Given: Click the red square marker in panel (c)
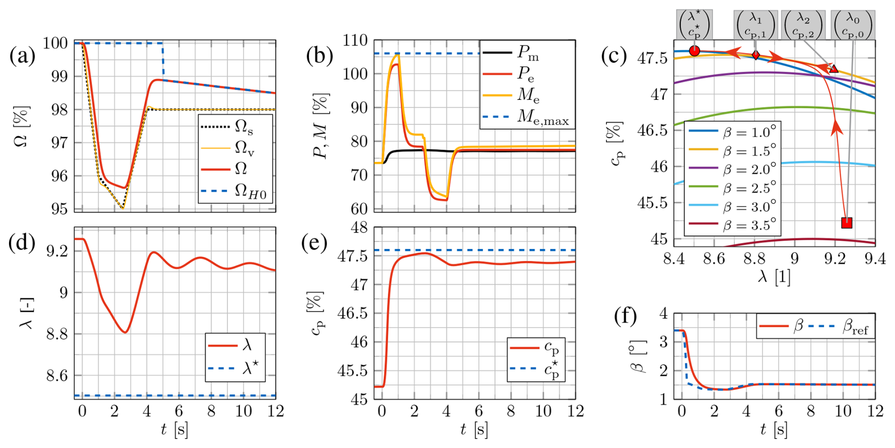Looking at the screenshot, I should tap(846, 223).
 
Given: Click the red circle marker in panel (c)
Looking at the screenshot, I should tap(694, 51).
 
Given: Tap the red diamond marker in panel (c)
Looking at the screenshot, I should tap(756, 55).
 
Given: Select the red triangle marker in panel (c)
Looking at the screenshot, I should tap(834, 69).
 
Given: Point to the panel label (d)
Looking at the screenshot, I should tap(22, 242).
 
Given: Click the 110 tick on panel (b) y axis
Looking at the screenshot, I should tap(356, 41).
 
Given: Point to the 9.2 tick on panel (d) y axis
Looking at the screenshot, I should tap(57, 251).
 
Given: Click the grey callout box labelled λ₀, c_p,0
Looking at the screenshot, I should tap(853, 25).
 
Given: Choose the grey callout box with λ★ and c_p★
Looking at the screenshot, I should tap(694, 25).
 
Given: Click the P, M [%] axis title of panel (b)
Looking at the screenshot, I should tap(321, 125).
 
